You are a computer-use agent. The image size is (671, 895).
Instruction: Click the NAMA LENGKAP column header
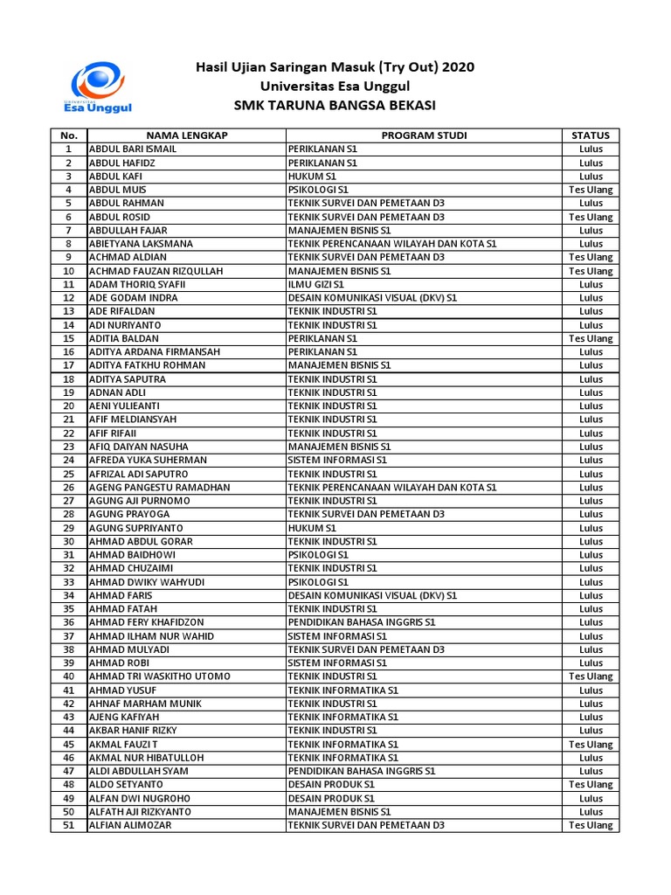click(186, 135)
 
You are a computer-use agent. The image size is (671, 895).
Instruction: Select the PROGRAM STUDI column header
click(424, 135)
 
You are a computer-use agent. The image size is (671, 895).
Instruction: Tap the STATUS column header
click(591, 135)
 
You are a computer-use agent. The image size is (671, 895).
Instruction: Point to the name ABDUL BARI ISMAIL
click(133, 149)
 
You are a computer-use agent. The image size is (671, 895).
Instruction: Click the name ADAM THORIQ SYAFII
click(138, 284)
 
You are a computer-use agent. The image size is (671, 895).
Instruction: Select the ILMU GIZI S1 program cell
click(316, 284)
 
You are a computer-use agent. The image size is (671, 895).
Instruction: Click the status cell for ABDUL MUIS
click(591, 190)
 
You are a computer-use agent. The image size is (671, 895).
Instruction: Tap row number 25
click(68, 474)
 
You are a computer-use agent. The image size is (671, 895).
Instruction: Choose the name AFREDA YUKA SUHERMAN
click(148, 460)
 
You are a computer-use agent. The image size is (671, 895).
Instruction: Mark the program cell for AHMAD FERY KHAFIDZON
click(362, 622)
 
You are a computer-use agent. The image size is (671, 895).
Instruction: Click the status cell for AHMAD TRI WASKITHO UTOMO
click(591, 676)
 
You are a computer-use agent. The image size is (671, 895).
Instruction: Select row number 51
click(68, 825)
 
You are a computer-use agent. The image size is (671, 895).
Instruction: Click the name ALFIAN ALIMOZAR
click(130, 825)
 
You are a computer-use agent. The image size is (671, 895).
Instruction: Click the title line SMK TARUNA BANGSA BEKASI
click(335, 107)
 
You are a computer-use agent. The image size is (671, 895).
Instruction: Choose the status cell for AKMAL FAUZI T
click(591, 744)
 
